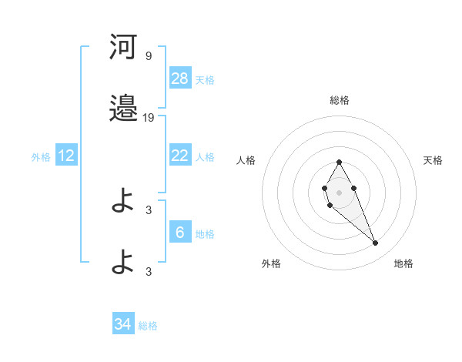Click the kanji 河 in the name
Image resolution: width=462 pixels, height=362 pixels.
(x=123, y=48)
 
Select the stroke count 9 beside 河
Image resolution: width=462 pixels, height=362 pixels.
(x=149, y=56)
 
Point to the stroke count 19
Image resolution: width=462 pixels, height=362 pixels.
(x=149, y=117)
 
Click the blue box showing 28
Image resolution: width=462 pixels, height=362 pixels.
(x=180, y=79)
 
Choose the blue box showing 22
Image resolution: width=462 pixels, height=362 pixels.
(x=180, y=156)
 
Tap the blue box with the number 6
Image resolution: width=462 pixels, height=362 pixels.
(x=180, y=233)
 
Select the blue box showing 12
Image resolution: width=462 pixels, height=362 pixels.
(x=66, y=156)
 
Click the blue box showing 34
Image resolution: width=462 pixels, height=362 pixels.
(x=123, y=324)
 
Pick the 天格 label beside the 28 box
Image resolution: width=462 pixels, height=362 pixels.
(x=205, y=79)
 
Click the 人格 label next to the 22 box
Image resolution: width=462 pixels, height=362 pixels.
(x=205, y=156)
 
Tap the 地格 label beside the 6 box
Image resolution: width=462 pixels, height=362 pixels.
(x=205, y=233)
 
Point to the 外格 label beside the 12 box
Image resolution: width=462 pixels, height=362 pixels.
(x=41, y=156)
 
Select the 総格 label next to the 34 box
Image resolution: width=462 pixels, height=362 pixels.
(x=148, y=325)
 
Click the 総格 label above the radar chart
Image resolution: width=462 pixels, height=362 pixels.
(x=340, y=100)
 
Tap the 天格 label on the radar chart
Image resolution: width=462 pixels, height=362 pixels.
(x=433, y=160)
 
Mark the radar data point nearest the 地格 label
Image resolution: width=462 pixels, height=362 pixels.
(x=376, y=243)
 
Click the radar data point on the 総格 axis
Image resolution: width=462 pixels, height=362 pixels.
(x=339, y=162)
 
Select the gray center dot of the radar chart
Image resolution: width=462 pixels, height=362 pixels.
(x=339, y=191)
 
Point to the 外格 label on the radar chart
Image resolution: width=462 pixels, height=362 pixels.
(x=271, y=263)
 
